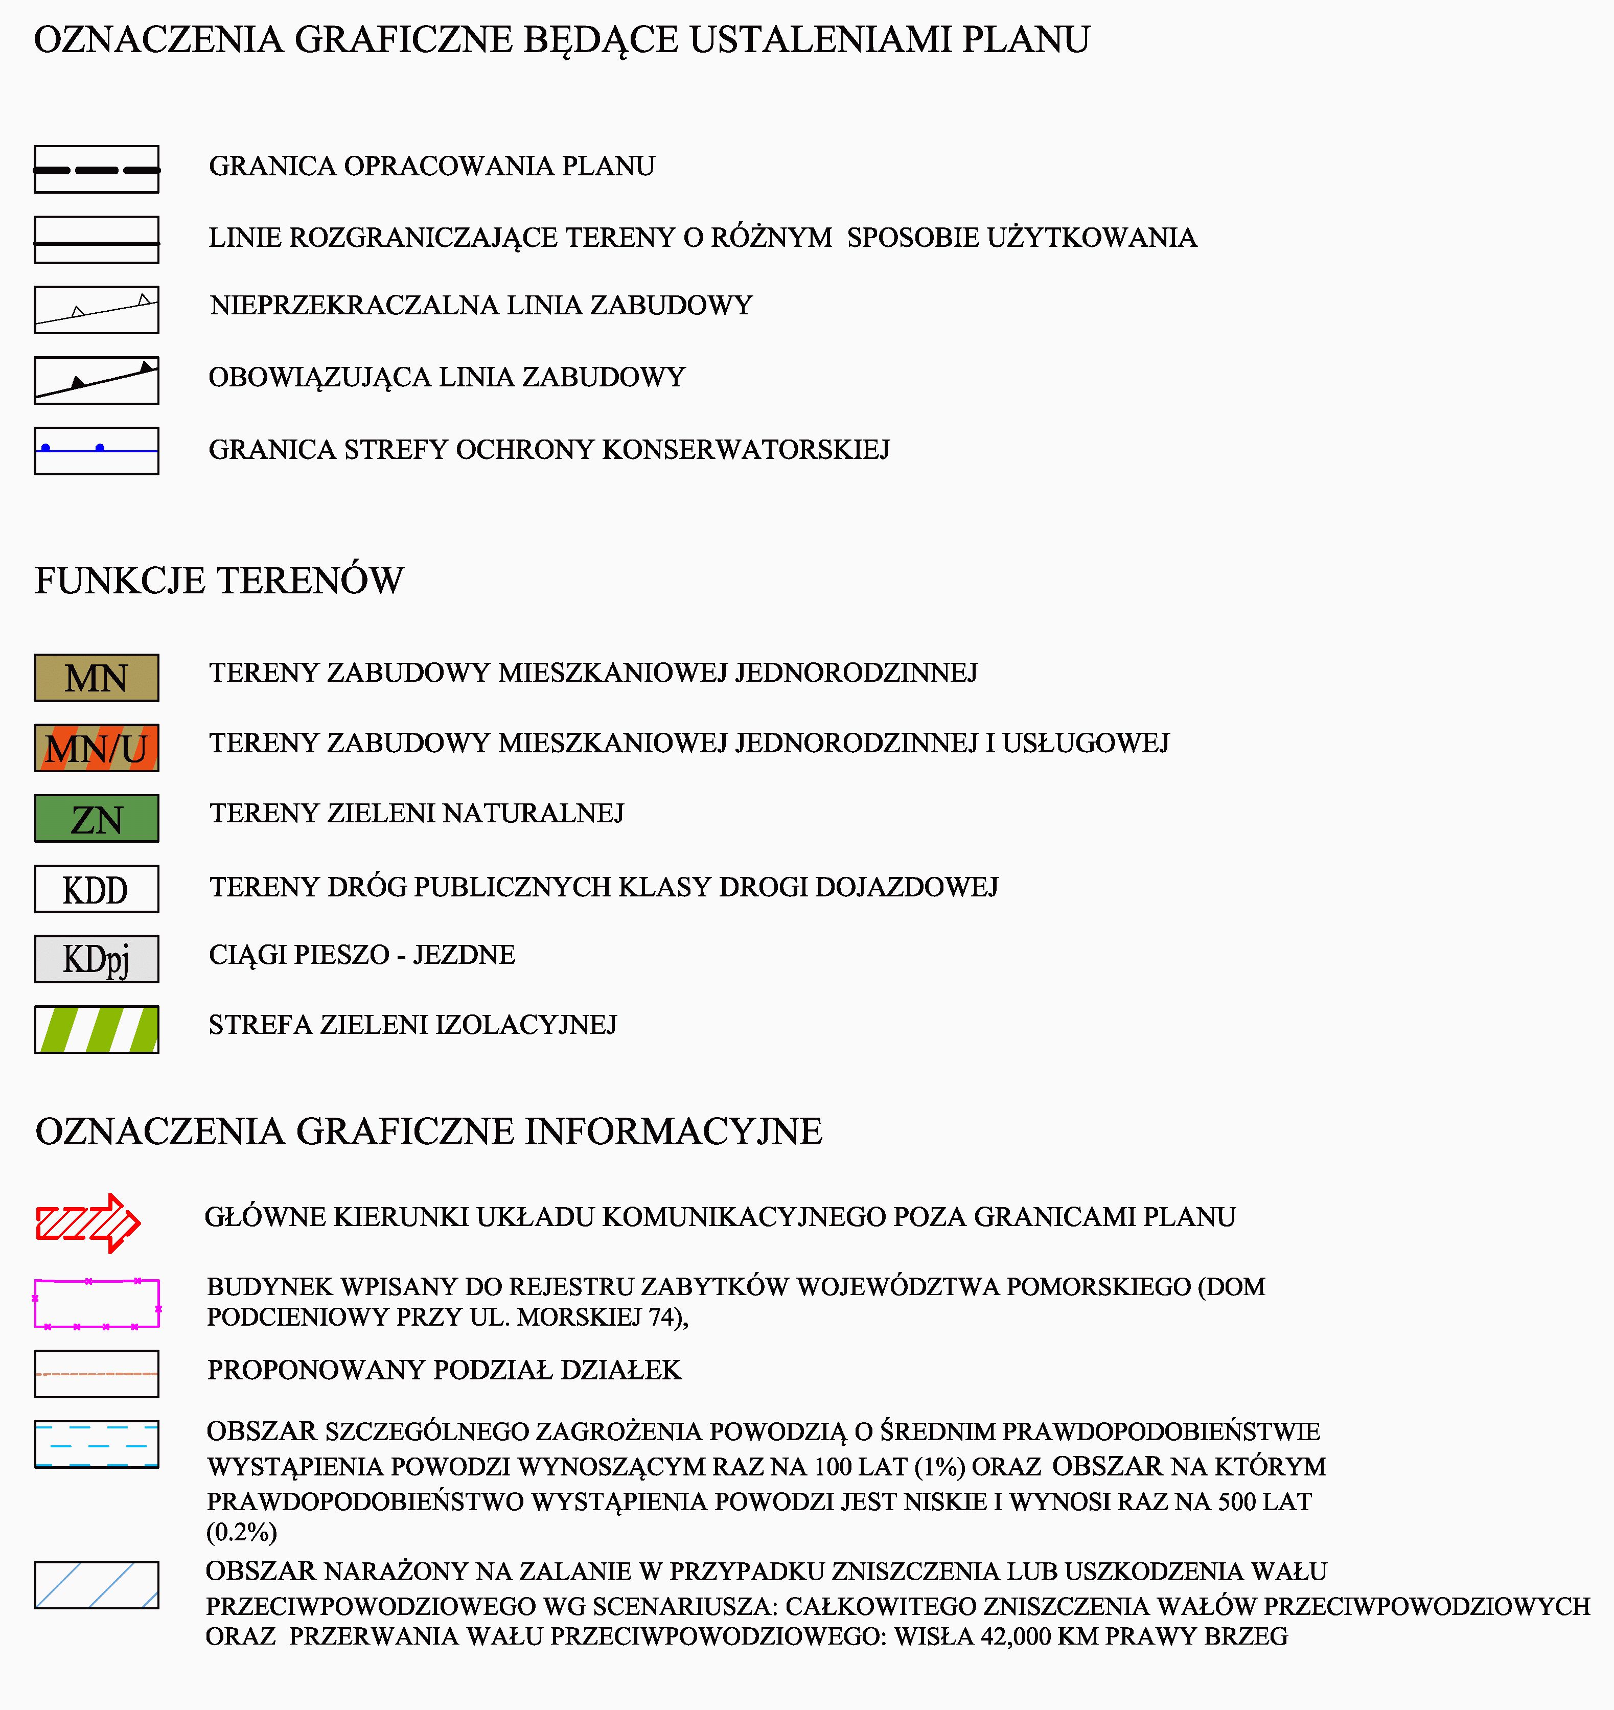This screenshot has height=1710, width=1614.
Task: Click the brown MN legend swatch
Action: pyautogui.click(x=97, y=678)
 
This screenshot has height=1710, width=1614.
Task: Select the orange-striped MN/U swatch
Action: pyautogui.click(x=97, y=748)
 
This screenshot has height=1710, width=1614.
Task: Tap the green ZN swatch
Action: pyautogui.click(x=97, y=818)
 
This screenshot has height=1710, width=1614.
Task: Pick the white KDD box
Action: pyautogui.click(x=97, y=889)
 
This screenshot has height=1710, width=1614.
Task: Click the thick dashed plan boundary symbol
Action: pyautogui.click(x=97, y=170)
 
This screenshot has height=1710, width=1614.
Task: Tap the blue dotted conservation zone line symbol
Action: pyautogui.click(x=97, y=450)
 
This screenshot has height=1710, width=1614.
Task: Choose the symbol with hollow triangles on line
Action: pyautogui.click(x=97, y=310)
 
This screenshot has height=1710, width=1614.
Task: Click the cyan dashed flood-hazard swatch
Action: pyautogui.click(x=97, y=1444)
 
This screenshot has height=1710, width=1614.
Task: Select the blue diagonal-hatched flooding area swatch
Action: pyautogui.click(x=97, y=1584)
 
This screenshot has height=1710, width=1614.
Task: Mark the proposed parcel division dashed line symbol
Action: pyautogui.click(x=97, y=1374)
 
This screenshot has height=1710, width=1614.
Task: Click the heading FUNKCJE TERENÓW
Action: pyautogui.click(x=219, y=581)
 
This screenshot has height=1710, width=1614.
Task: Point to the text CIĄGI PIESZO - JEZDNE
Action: pyautogui.click(x=361, y=955)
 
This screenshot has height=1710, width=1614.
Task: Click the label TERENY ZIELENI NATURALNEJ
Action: pyautogui.click(x=417, y=814)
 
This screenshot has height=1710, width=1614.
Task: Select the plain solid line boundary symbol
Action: pyautogui.click(x=97, y=240)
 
